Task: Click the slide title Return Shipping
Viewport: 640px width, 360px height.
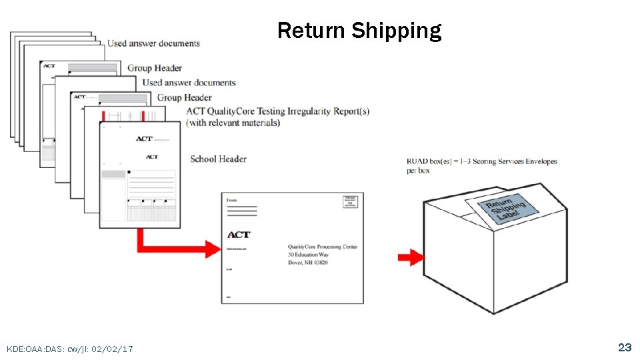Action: point(359,31)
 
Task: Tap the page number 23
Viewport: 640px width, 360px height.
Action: point(624,347)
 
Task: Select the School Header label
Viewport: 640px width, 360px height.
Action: point(218,159)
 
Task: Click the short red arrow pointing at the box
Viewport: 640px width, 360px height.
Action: point(411,257)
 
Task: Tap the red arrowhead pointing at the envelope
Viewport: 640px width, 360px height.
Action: point(213,249)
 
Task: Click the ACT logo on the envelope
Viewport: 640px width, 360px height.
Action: point(239,235)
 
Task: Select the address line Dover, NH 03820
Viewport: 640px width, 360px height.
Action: point(307,263)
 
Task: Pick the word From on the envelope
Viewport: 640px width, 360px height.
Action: point(232,200)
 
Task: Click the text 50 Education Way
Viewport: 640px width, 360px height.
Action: point(308,255)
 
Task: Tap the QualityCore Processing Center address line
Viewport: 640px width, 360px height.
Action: point(322,247)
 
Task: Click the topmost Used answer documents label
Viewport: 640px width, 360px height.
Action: point(153,43)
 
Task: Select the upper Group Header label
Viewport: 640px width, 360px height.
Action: point(155,68)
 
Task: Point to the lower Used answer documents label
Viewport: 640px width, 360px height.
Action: point(189,83)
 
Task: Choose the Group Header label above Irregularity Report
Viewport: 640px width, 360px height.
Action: point(184,97)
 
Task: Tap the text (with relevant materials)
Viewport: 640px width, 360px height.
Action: point(233,123)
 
